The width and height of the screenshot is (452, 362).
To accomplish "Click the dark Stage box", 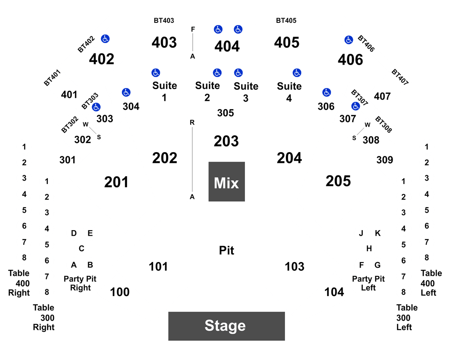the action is (226, 326).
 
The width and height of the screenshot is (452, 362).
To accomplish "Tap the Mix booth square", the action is (226, 181).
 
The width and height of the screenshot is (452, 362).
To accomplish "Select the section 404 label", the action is (227, 46).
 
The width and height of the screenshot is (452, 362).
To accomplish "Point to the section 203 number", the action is (226, 141).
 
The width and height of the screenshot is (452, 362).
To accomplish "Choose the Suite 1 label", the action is (164, 91).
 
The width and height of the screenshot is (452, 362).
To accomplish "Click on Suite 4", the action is (289, 92).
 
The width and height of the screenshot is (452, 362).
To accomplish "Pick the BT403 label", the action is (164, 21).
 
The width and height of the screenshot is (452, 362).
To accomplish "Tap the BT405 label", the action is (286, 21).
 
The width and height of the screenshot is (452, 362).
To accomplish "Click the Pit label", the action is (226, 250).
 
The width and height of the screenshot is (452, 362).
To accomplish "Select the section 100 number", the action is (120, 292).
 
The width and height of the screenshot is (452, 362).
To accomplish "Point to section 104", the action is (334, 292).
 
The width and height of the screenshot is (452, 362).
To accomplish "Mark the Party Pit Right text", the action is (80, 283).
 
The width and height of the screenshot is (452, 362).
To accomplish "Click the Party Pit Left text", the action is (368, 283).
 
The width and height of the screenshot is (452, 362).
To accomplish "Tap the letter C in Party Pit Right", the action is (82, 249).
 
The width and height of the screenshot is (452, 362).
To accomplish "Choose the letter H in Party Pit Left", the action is (369, 249).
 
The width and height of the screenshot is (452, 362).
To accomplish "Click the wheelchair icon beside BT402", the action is (105, 39).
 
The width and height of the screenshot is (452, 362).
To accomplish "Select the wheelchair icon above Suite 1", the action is (156, 73).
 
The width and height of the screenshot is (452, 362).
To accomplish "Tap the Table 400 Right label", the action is (19, 283).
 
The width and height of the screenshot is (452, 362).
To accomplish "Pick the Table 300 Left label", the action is (407, 318).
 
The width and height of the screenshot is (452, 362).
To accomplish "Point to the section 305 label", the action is (226, 113).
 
